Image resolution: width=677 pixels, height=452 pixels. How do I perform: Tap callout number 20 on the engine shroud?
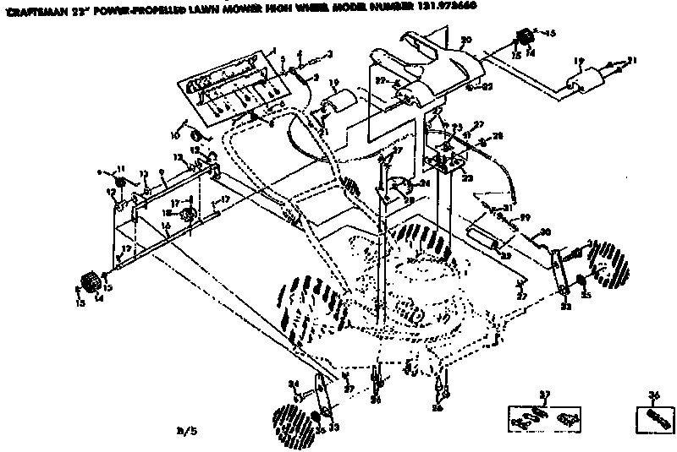(465, 41)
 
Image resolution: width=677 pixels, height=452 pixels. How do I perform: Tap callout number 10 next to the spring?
(177, 135)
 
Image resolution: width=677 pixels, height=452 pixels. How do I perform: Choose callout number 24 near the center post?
(425, 182)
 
